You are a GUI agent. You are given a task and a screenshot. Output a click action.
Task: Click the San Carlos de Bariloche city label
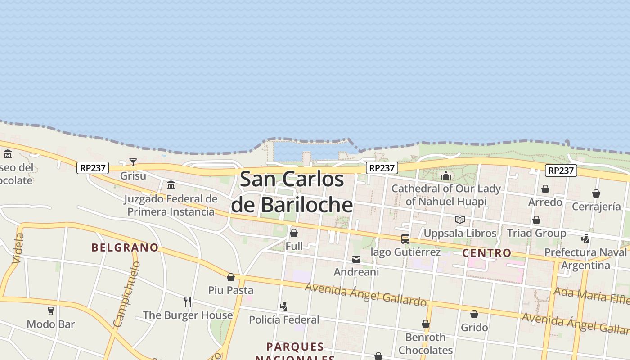pyautogui.click(x=292, y=192)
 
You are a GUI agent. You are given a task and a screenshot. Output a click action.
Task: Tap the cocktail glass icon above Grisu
pyautogui.click(x=133, y=162)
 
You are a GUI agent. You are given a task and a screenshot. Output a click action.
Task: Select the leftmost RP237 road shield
pyautogui.click(x=93, y=168)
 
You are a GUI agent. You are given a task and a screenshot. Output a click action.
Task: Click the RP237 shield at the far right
pyautogui.click(x=561, y=171)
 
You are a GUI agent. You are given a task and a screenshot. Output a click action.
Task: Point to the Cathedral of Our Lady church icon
pyautogui.click(x=446, y=175)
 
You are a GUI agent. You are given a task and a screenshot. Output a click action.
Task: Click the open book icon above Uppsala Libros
pyautogui.click(x=459, y=220)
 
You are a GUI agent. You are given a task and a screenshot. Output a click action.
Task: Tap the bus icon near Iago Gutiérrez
pyautogui.click(x=405, y=239)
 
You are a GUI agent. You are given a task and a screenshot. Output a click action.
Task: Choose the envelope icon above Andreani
pyautogui.click(x=356, y=259)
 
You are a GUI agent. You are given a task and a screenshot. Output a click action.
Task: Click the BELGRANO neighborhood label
pyautogui.click(x=125, y=247)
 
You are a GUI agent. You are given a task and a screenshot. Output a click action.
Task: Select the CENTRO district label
pyautogui.click(x=487, y=253)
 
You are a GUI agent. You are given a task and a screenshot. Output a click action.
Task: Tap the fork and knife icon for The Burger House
pyautogui.click(x=188, y=301)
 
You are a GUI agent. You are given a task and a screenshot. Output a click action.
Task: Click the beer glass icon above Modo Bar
pyautogui.click(x=50, y=310)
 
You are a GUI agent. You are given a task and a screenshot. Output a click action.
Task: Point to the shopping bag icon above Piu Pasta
pyautogui.click(x=231, y=277)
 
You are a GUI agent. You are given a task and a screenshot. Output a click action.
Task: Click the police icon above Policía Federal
pyautogui.click(x=283, y=306)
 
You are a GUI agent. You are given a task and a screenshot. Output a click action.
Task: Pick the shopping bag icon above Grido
pyautogui.click(x=474, y=314)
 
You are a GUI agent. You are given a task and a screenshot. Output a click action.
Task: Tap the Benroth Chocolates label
pyautogui.click(x=425, y=343)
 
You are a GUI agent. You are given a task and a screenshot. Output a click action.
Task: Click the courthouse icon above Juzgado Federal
pyautogui.click(x=171, y=185)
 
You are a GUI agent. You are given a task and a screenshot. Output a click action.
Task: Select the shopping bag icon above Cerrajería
pyautogui.click(x=596, y=193)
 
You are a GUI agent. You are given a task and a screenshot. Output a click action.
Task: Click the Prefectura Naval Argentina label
pyautogui.click(x=585, y=259)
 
